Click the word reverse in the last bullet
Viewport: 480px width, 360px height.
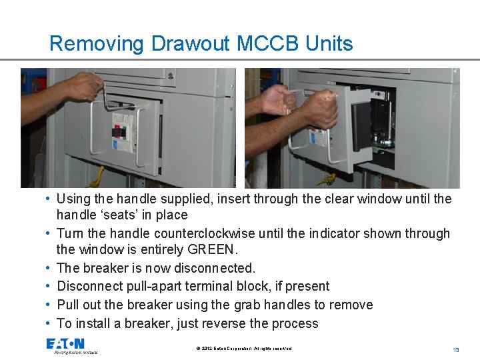(x=241, y=323)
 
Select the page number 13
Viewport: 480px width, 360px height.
(x=456, y=350)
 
